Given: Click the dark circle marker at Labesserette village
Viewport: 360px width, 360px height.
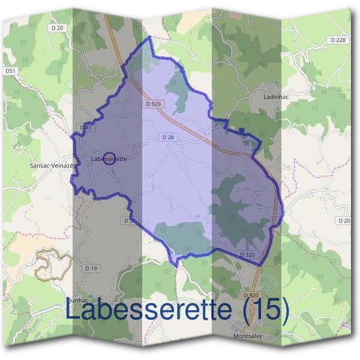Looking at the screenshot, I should tap(109, 158).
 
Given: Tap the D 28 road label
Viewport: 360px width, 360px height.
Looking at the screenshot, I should tap(167, 137).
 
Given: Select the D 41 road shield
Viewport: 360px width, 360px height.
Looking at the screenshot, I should tap(85, 128).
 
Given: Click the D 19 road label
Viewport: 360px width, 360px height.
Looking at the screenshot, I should tap(90, 268).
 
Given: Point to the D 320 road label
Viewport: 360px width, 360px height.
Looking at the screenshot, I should tap(248, 255).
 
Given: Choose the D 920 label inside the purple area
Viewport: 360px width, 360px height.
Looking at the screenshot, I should tap(154, 104).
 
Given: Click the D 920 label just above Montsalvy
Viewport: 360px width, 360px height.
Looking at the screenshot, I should tap(251, 296).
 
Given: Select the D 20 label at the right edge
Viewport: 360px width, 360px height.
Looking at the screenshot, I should tap(344, 221).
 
